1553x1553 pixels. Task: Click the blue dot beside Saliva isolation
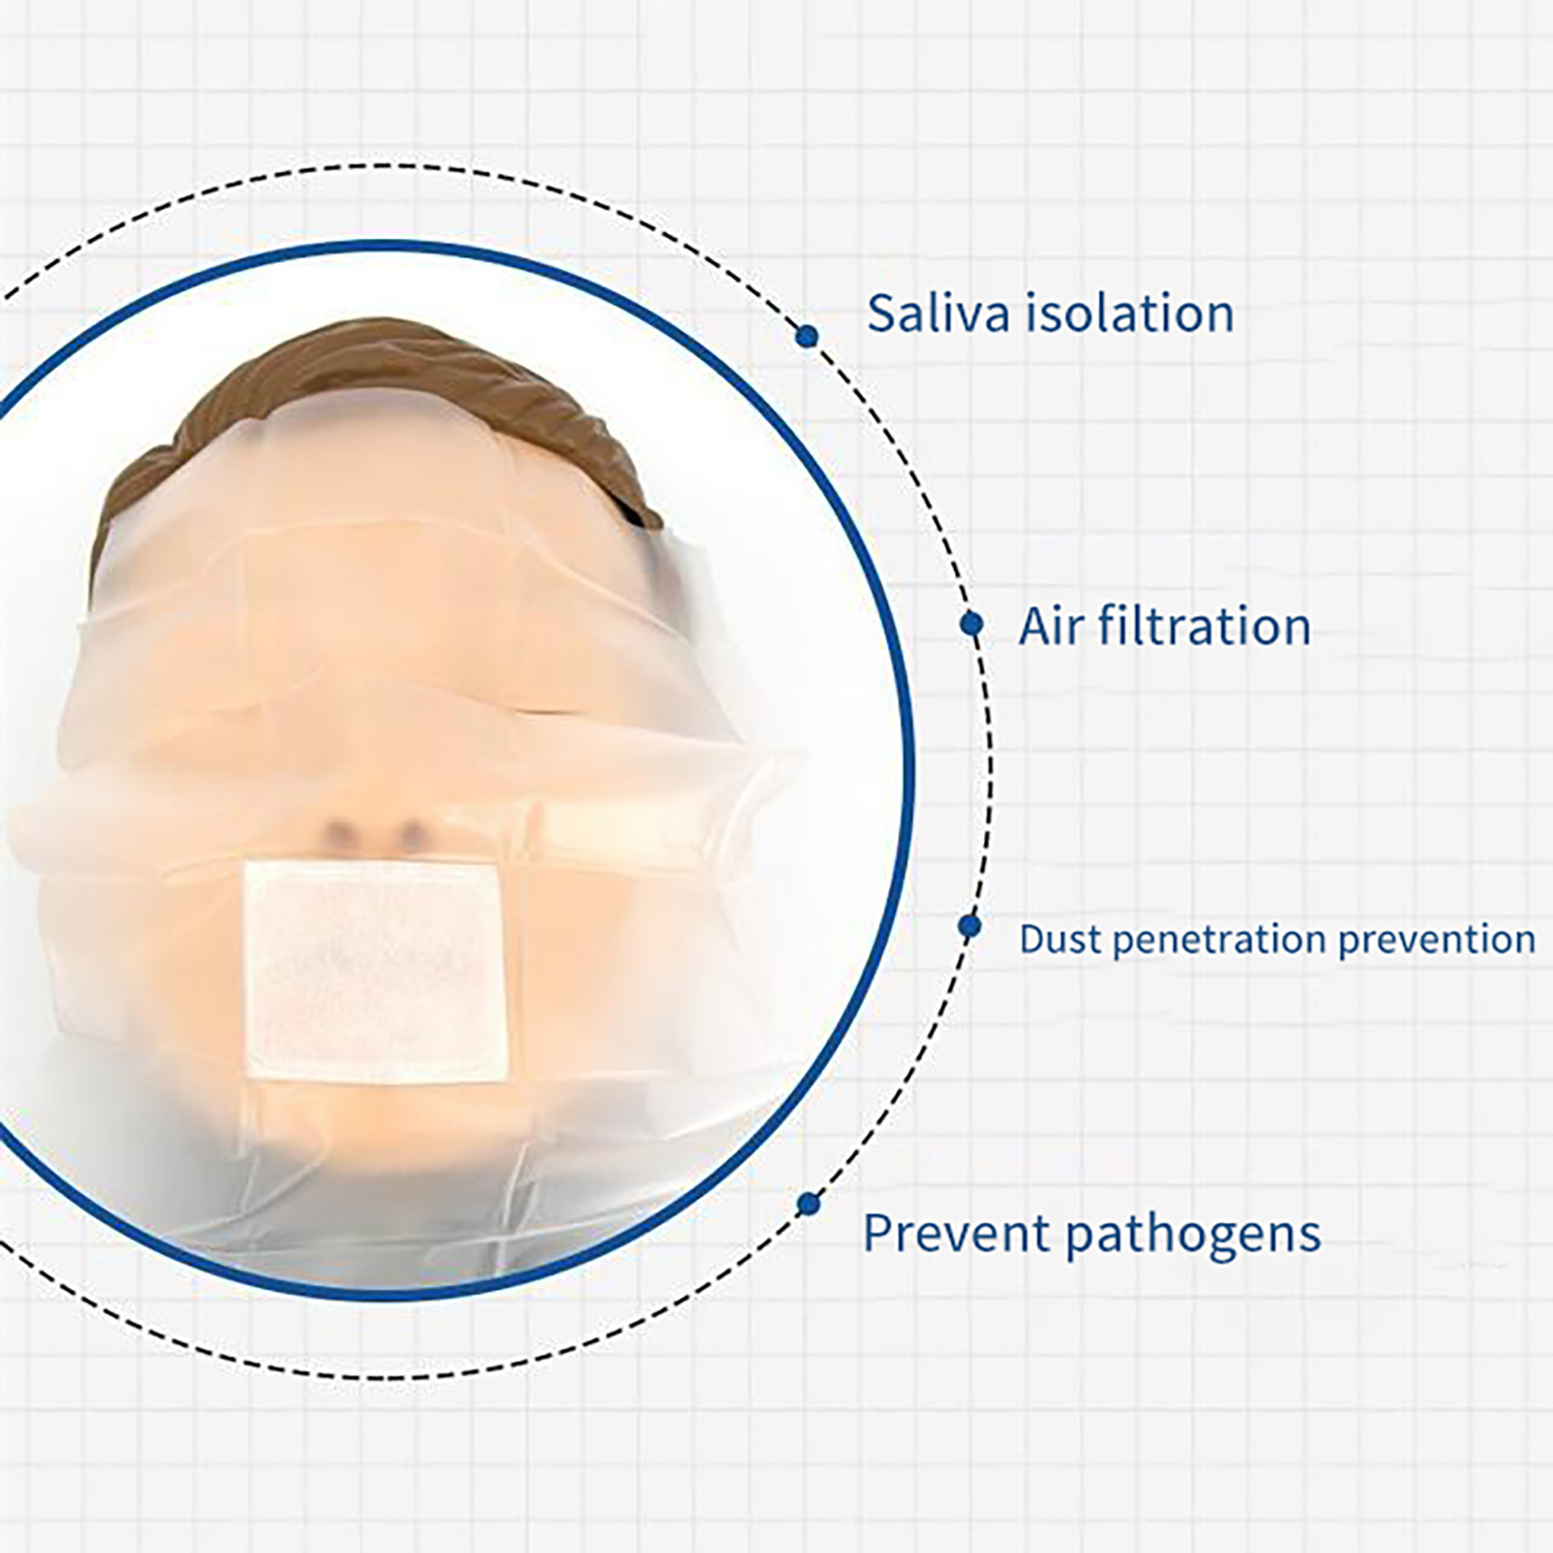[x=807, y=336]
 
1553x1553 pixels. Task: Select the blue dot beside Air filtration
[x=971, y=624]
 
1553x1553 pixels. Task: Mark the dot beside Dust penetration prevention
[x=969, y=926]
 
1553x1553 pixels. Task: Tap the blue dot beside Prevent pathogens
[x=808, y=1205]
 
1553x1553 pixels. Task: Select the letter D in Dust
[x=1032, y=940]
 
